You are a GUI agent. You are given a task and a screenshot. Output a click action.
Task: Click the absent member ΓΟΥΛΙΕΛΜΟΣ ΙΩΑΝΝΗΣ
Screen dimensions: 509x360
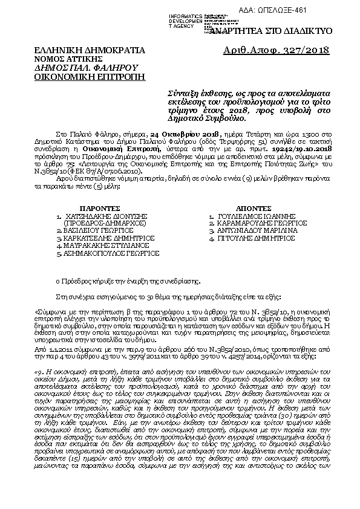coord(261,215)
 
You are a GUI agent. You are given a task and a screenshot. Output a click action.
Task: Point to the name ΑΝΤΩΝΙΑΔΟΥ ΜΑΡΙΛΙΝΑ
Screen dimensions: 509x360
coord(260,230)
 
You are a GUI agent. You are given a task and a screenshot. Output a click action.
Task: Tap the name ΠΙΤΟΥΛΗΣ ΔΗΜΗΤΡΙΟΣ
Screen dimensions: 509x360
coord(257,238)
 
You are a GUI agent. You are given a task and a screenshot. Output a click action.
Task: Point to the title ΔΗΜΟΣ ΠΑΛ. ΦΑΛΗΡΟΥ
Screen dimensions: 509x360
coord(87,68)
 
